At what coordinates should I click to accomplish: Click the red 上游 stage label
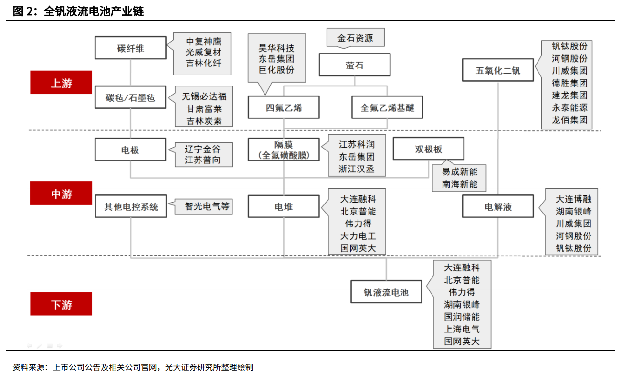(x=61, y=82)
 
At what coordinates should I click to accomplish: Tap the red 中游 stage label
(x=61, y=193)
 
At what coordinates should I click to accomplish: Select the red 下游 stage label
(x=61, y=304)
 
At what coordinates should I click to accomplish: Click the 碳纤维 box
(x=130, y=48)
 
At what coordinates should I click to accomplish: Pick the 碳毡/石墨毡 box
(x=130, y=97)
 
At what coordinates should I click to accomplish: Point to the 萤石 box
(x=355, y=64)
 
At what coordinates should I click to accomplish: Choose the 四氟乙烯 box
(x=284, y=107)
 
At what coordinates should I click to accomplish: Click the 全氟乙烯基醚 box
(x=387, y=107)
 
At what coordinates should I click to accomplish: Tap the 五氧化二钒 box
(x=498, y=70)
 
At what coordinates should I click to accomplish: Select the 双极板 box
(x=429, y=149)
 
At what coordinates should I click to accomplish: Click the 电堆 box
(x=284, y=206)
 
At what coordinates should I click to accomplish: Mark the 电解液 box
(x=498, y=206)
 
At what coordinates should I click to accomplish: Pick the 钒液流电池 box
(x=386, y=292)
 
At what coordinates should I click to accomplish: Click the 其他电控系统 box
(x=131, y=206)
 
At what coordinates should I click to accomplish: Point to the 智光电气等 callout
(x=203, y=206)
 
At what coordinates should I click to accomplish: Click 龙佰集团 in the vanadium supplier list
(x=569, y=120)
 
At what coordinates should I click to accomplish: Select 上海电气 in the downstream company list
(x=462, y=329)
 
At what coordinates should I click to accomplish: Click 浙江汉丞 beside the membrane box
(x=357, y=169)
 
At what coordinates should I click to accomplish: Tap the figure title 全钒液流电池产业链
(x=94, y=11)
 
